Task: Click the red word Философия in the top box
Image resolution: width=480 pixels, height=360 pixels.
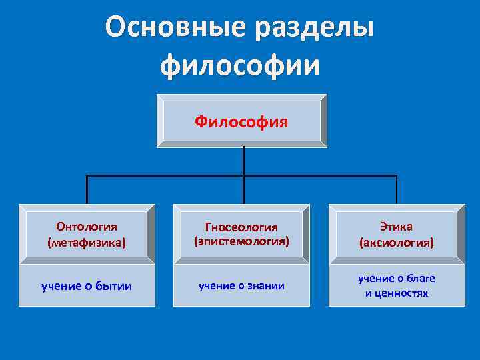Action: (241, 121)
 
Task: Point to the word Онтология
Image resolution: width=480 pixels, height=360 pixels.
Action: (87, 227)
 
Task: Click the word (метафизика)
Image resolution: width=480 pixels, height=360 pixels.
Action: (87, 243)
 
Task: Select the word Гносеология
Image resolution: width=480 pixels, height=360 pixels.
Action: (241, 227)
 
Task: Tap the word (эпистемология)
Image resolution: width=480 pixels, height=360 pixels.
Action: (241, 241)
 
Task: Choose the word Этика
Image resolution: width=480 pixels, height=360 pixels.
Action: (396, 227)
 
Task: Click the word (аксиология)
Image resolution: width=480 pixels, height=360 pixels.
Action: (396, 243)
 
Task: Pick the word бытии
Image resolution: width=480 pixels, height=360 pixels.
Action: (113, 286)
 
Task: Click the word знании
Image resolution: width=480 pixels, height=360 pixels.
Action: (266, 286)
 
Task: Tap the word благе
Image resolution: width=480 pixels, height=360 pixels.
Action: (420, 279)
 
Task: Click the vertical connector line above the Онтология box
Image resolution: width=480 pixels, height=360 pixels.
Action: (87, 190)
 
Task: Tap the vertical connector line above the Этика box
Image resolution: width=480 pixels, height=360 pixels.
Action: (397, 190)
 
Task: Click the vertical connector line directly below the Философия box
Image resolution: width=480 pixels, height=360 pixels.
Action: (243, 162)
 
